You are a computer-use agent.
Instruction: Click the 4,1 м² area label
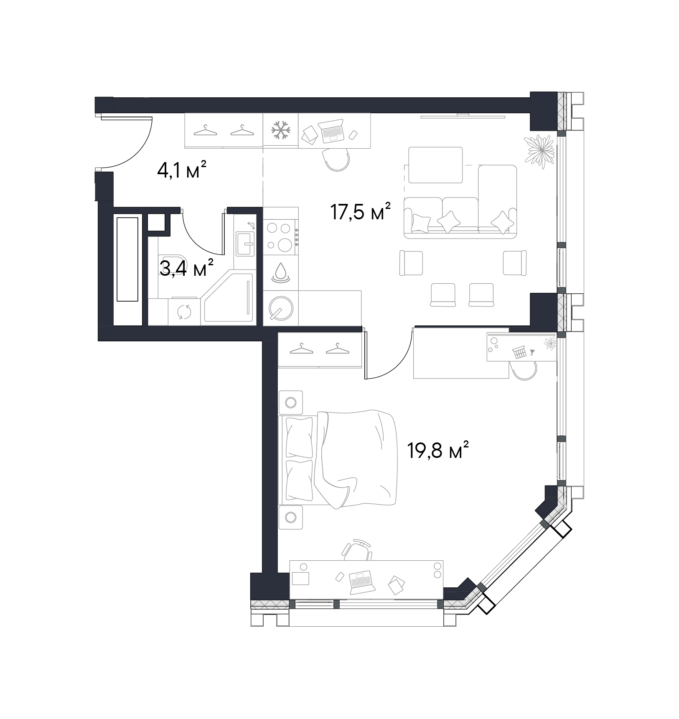point(182,170)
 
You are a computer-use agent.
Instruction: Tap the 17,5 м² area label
point(361,211)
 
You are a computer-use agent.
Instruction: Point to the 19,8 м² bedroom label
point(438,451)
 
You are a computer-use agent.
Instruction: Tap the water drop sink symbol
point(281,272)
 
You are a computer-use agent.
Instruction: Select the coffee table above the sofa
point(435,165)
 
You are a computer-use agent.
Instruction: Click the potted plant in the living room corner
point(540,151)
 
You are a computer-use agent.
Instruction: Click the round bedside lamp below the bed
point(291,517)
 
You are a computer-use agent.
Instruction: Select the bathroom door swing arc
point(196,239)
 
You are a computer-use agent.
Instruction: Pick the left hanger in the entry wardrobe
point(206,131)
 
